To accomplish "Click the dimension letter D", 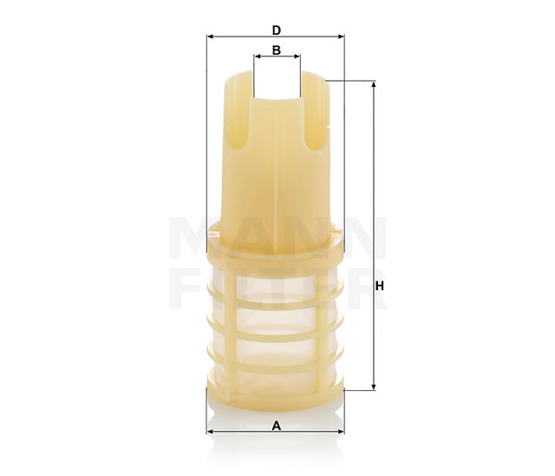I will pos(276,30).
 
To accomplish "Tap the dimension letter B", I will pos(276,50).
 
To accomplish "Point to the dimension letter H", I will pos(379,287).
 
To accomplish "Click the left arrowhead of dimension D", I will pos(210,36).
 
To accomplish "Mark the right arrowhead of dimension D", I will pos(341,36).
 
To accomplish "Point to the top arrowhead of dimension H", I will pos(374,85).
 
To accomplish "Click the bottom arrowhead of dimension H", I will pos(374,387).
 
